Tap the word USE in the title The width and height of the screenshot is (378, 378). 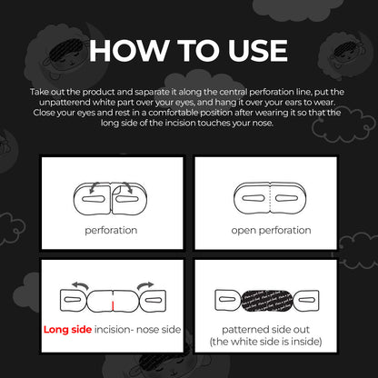point(257,50)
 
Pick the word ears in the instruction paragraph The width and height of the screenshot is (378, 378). point(293,103)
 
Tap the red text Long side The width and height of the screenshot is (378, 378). point(67,329)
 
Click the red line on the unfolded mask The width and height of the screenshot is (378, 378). point(113,306)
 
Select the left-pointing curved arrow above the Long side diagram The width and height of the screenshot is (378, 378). point(80,285)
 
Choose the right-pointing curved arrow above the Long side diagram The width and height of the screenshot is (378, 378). point(145,285)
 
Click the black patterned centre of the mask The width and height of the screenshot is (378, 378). point(268,301)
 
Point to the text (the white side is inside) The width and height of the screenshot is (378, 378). point(265,342)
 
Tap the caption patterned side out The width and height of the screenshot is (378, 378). point(265,330)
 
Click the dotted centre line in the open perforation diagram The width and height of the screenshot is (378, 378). point(270,198)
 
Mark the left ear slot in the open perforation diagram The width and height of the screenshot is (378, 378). point(254,199)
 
